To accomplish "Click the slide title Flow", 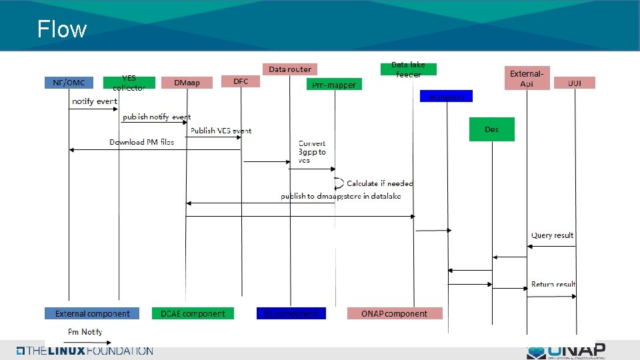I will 62,29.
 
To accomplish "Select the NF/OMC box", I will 69,83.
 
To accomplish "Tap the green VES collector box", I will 129,83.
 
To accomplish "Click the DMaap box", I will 186,83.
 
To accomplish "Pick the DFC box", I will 241,81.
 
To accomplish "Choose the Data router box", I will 290,69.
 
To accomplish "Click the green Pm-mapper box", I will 334,85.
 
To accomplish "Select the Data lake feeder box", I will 408,69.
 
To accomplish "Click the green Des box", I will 492,129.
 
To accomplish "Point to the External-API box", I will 527,78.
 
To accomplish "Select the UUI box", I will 574,83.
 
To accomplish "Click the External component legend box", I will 92,313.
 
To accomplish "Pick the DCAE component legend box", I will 193,313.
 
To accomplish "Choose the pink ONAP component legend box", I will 394,313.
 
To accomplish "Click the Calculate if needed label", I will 380,183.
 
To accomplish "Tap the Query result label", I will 552,235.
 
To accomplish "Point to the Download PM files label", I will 142,142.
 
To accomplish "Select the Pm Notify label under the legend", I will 85,332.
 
